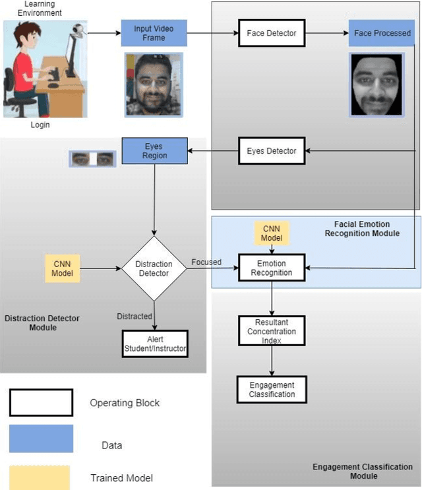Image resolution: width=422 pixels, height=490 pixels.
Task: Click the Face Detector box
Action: click(271, 32)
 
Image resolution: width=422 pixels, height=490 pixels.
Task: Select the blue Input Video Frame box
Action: click(154, 32)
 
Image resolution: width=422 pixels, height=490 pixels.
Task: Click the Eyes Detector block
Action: click(272, 151)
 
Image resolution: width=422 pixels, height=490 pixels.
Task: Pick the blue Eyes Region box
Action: click(155, 151)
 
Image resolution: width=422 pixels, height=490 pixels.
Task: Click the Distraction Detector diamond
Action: click(154, 268)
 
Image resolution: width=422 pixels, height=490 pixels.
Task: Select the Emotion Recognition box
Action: click(272, 268)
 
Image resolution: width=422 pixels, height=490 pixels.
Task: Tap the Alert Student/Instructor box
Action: click(154, 344)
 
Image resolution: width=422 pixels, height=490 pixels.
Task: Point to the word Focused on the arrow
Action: click(206, 262)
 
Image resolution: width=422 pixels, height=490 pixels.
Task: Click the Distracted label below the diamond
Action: click(135, 317)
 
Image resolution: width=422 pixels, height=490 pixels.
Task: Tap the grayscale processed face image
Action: click(376, 84)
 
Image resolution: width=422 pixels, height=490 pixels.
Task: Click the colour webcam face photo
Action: click(154, 84)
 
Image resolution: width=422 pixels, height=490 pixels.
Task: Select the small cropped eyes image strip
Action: click(92, 159)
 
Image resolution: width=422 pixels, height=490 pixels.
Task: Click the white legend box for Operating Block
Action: click(41, 402)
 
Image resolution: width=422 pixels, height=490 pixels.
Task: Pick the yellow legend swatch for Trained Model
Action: click(41, 476)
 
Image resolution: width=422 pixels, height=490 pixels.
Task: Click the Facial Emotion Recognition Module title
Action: click(362, 228)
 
